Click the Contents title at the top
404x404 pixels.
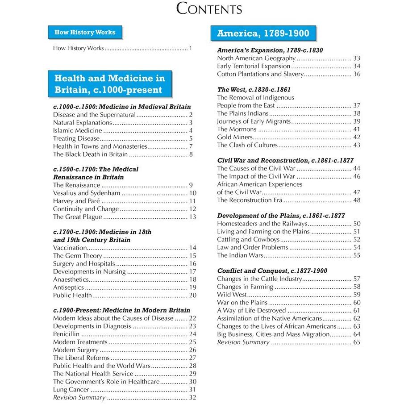coord(209,8)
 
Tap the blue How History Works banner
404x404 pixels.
coord(85,32)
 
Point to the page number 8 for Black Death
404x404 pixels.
coord(191,154)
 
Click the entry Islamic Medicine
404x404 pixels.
coord(78,130)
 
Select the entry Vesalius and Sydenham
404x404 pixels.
coord(87,193)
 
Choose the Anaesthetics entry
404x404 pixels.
coord(71,279)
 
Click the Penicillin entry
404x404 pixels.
coord(67,334)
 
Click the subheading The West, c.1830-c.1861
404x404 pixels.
coord(254,90)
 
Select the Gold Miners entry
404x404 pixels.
coord(235,137)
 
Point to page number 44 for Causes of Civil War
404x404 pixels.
coord(356,168)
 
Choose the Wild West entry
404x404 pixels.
coord(231,295)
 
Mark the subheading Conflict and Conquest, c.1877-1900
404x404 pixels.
coord(272,271)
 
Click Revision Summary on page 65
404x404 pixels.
coord(243,342)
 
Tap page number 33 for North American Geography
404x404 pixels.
coord(356,58)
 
